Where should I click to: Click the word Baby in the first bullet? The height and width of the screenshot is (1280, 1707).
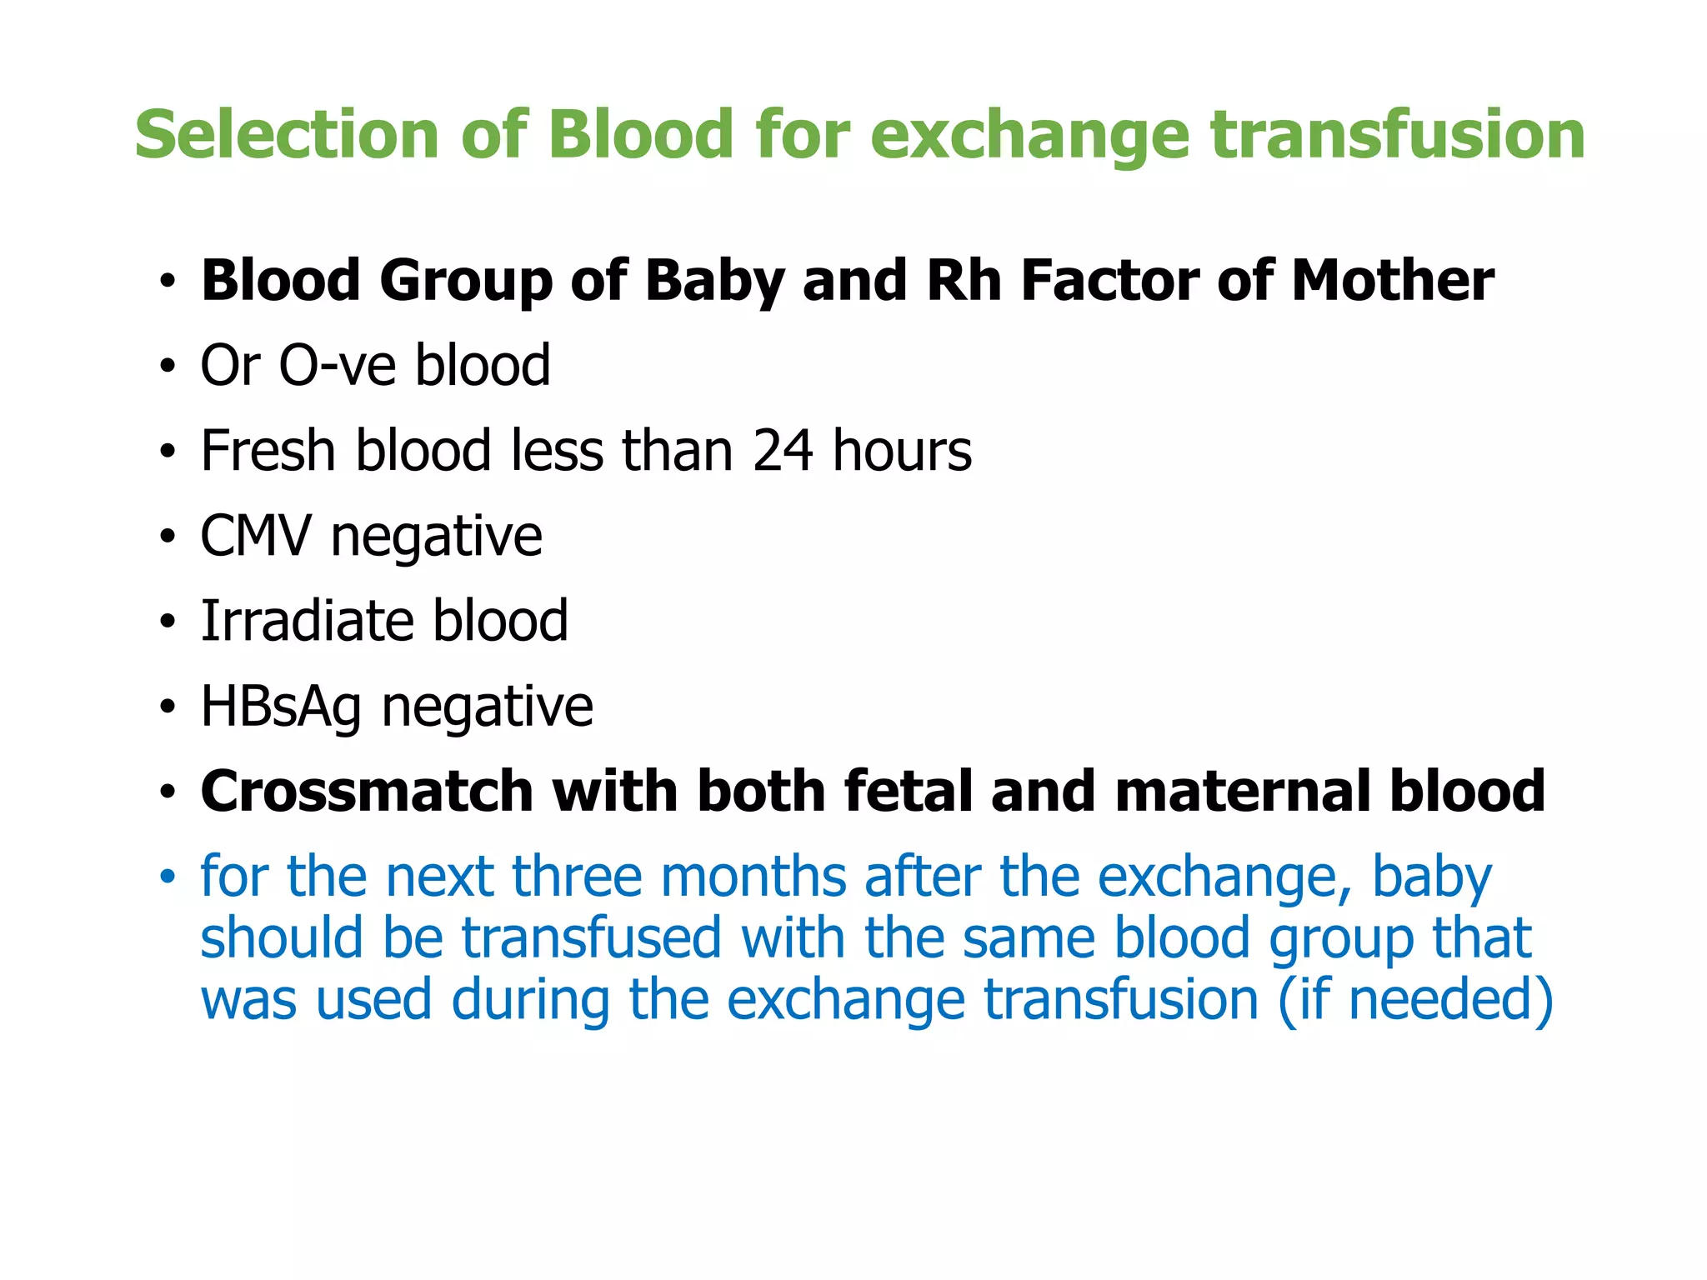tap(713, 281)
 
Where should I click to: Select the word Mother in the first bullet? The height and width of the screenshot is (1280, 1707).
tap(1392, 281)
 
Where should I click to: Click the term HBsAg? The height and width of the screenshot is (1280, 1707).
tap(281, 707)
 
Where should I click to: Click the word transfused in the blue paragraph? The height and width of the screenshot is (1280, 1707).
tap(591, 938)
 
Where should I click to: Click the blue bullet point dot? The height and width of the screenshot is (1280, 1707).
tap(168, 877)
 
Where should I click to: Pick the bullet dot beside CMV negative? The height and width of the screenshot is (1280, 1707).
tap(168, 537)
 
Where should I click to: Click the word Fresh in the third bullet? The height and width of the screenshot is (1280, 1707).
tap(268, 451)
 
